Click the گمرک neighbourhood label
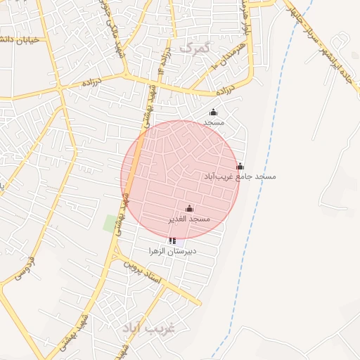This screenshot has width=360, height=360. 195,47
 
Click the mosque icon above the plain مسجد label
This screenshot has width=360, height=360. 214,112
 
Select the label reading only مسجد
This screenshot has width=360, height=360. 214,122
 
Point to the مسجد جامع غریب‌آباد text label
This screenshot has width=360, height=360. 240,176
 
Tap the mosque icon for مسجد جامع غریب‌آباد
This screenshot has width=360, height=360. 240,166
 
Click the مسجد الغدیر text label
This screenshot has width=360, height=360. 188,219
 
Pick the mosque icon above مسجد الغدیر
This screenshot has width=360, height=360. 188,208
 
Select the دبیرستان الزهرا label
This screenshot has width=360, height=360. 172,250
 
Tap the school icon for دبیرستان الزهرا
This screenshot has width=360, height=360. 172,240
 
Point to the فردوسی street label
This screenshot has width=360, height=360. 25,266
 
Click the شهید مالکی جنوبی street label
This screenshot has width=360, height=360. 112,28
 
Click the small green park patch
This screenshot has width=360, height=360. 110,224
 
